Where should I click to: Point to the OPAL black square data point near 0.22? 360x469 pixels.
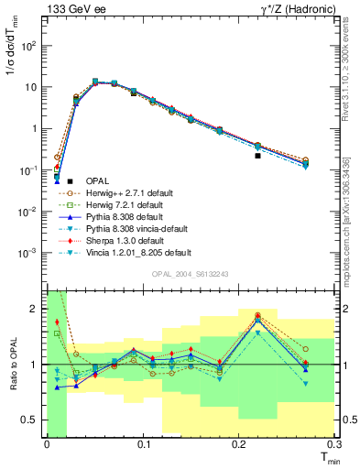point(257,156)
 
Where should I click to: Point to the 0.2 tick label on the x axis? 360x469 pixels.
point(239,444)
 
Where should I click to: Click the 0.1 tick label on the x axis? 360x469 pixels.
point(143,444)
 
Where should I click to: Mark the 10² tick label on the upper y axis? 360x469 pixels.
point(31,45)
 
